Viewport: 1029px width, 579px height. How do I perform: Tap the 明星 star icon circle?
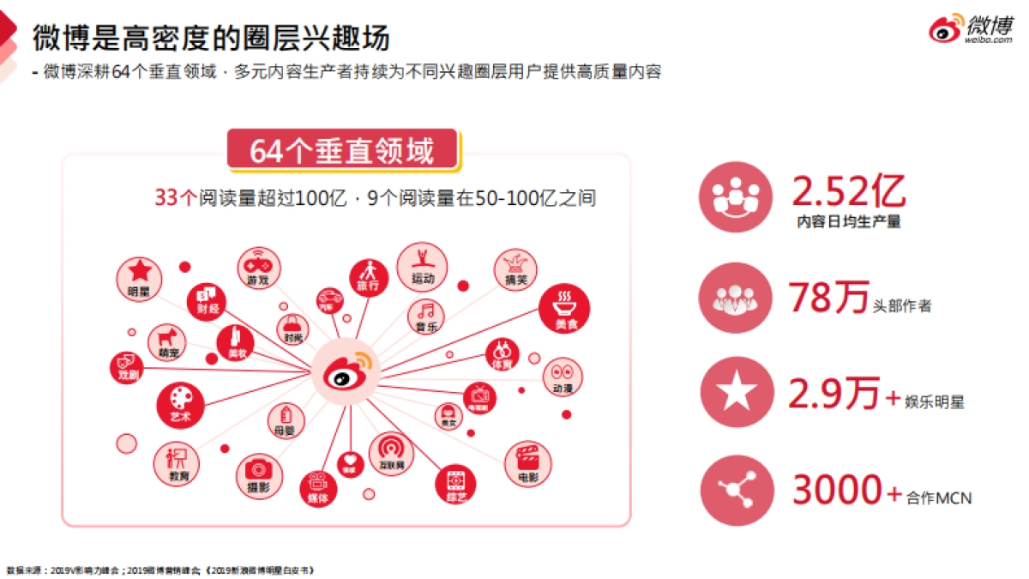pyautogui.click(x=138, y=276)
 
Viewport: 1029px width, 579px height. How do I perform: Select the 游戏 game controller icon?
pyautogui.click(x=257, y=267)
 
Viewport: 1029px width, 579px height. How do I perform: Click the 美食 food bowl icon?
pyautogui.click(x=563, y=308)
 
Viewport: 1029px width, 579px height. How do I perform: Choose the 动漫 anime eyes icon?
pyautogui.click(x=563, y=377)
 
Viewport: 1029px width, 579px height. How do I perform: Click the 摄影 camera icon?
pyautogui.click(x=257, y=476)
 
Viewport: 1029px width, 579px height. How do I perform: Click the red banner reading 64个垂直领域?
pyautogui.click(x=343, y=152)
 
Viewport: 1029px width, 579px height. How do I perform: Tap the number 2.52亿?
pyautogui.click(x=848, y=190)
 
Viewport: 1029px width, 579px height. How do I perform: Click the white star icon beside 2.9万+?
pyautogui.click(x=736, y=392)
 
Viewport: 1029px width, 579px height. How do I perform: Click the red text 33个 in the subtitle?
pyautogui.click(x=175, y=197)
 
